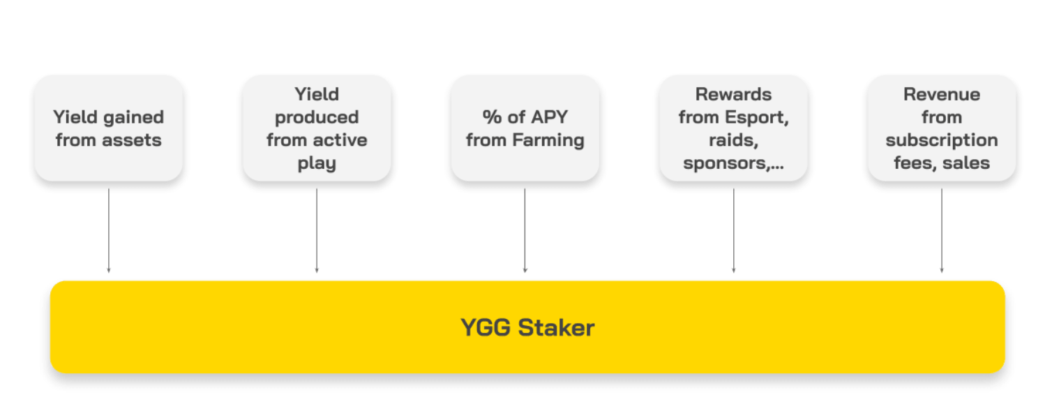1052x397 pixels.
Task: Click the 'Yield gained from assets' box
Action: click(x=108, y=128)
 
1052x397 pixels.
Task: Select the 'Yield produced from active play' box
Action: click(x=317, y=128)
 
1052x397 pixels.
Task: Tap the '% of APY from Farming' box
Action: click(x=525, y=128)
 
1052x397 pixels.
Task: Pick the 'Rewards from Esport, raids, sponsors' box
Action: click(x=733, y=128)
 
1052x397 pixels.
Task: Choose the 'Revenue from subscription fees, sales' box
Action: click(x=941, y=128)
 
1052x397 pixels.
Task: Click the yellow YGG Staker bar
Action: click(x=527, y=327)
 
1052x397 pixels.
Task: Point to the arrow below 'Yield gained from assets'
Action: click(x=109, y=230)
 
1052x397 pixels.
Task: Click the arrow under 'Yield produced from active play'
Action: click(x=317, y=230)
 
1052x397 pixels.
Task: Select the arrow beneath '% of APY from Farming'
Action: click(x=525, y=230)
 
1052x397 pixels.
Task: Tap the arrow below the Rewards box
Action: click(x=733, y=230)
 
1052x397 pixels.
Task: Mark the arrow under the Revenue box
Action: click(x=942, y=230)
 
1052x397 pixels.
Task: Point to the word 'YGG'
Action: click(x=486, y=327)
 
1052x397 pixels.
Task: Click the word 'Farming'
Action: click(x=548, y=140)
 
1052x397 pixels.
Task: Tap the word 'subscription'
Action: click(x=942, y=140)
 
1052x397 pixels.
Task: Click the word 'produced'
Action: click(x=317, y=117)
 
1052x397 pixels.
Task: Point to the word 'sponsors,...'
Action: click(x=733, y=163)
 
